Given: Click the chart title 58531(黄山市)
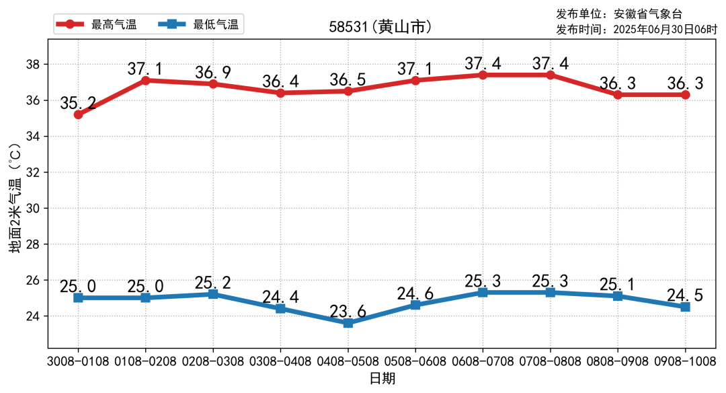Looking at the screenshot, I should (x=380, y=27).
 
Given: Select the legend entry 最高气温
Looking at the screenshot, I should (x=114, y=25).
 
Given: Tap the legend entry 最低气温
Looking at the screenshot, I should (x=215, y=25).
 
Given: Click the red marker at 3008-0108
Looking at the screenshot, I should (x=79, y=114).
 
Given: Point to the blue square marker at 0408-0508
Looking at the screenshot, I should (x=348, y=323).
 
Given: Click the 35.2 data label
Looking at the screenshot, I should (x=78, y=104).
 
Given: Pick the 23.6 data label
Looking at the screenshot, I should (x=348, y=312).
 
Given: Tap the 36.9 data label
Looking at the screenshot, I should (x=213, y=73).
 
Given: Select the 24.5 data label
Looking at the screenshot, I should (x=685, y=295).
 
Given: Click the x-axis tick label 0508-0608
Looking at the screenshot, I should (x=415, y=361).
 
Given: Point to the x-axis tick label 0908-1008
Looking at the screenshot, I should (x=685, y=361).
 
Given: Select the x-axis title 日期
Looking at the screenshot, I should (x=382, y=378).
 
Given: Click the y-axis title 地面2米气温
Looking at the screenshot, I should (x=15, y=202).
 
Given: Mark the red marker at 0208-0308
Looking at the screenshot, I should (x=213, y=84).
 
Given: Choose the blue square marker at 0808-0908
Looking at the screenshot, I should (x=618, y=296).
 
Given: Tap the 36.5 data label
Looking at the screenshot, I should (x=348, y=79).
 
